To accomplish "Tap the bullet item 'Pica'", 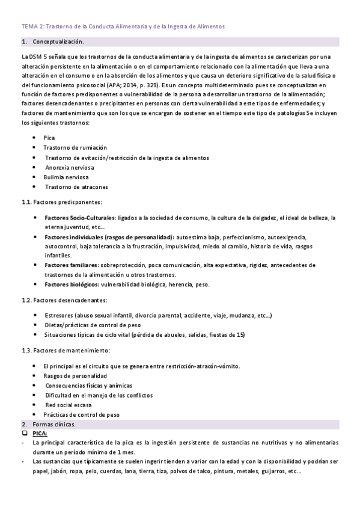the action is coord(49,138).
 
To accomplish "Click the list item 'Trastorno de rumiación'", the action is coord(75,147).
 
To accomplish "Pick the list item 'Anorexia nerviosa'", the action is coord(71,167).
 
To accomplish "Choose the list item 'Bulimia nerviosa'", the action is coord(66,177).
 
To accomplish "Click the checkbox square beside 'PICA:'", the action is coord(25,433).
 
